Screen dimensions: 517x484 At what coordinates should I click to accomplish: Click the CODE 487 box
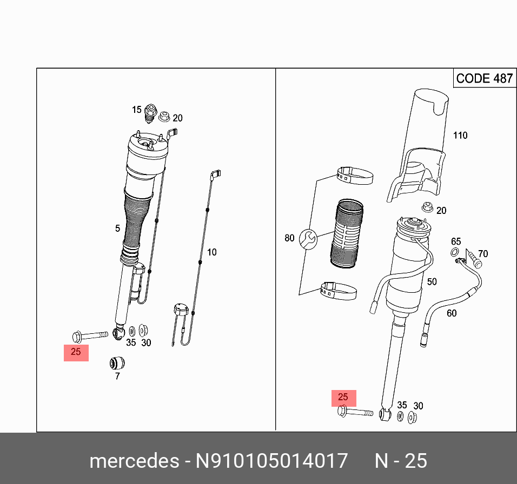coord(483,78)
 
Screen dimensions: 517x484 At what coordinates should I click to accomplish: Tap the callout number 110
coord(460,136)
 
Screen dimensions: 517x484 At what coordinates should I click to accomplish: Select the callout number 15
coord(137,110)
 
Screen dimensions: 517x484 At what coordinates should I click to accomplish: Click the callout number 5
coord(117,228)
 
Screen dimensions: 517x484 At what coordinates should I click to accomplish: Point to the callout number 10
coord(211,252)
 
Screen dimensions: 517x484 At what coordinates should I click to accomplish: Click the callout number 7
coord(117,376)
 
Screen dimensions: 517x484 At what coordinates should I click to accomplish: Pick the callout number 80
coord(289,238)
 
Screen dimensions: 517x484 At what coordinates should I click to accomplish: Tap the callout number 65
coord(456,241)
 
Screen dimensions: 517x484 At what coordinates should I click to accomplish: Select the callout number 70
coord(482,253)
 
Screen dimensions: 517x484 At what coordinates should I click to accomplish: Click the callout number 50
coord(432,281)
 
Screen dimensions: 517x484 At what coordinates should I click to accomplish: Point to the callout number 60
coord(451,313)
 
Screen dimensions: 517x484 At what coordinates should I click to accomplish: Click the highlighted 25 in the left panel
coord(76,352)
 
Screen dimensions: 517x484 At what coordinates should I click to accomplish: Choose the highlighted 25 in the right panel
coord(343,398)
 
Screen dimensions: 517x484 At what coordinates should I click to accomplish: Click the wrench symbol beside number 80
coord(306,239)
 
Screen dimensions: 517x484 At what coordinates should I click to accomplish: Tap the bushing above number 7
coord(117,361)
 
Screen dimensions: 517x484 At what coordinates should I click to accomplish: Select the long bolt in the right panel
coord(354,413)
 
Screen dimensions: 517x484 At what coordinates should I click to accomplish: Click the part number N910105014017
coord(271,461)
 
